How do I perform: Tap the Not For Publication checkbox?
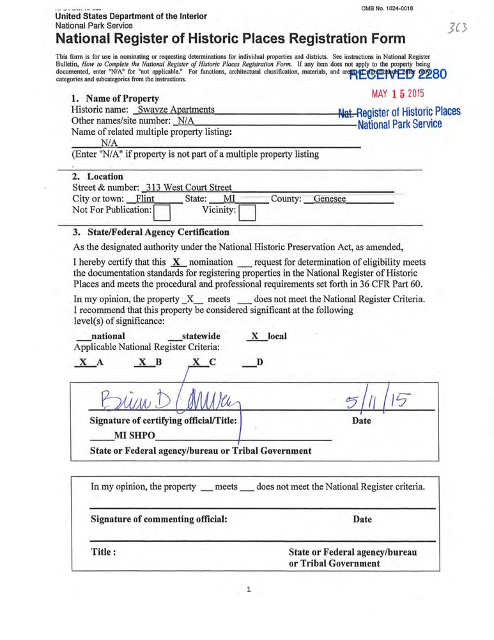pyautogui.click(x=162, y=211)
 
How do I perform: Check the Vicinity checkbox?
pyautogui.click(x=247, y=211)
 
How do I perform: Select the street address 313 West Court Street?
pyautogui.click(x=189, y=188)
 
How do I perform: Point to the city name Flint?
pyautogui.click(x=146, y=200)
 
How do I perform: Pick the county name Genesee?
pyautogui.click(x=330, y=200)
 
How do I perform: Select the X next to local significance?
pyautogui.click(x=254, y=336)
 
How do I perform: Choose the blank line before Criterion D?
pyautogui.click(x=249, y=364)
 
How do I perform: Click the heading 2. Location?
pyautogui.click(x=97, y=177)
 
